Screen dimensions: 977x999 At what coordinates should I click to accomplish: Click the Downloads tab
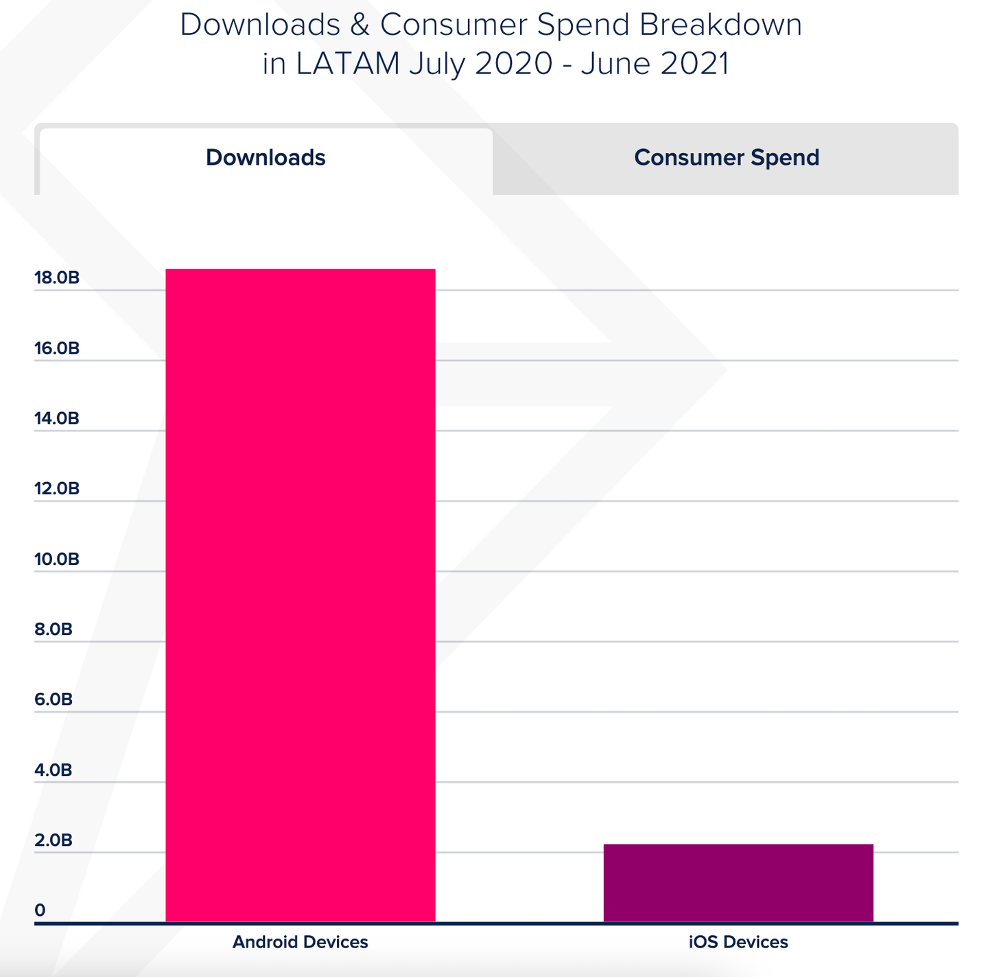(266, 158)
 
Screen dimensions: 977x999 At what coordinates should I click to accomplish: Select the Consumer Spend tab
(726, 158)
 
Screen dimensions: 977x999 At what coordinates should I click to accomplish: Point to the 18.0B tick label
(57, 278)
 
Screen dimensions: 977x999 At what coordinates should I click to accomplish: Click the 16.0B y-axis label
(57, 349)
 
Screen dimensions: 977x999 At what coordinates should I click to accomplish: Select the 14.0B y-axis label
(57, 419)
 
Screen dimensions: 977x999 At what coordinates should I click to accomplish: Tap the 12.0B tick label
(57, 489)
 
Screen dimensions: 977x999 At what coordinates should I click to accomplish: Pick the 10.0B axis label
(57, 560)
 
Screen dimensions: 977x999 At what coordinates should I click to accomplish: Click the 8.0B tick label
(54, 630)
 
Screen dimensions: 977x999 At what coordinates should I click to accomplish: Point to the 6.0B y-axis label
(54, 700)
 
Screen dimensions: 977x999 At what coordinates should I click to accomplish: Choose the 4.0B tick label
(54, 770)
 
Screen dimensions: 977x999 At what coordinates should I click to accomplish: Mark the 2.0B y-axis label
(54, 840)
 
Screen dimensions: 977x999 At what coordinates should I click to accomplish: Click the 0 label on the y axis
(40, 910)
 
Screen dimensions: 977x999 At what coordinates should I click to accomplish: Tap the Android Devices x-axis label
(300, 942)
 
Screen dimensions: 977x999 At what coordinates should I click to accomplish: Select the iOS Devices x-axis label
(738, 942)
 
